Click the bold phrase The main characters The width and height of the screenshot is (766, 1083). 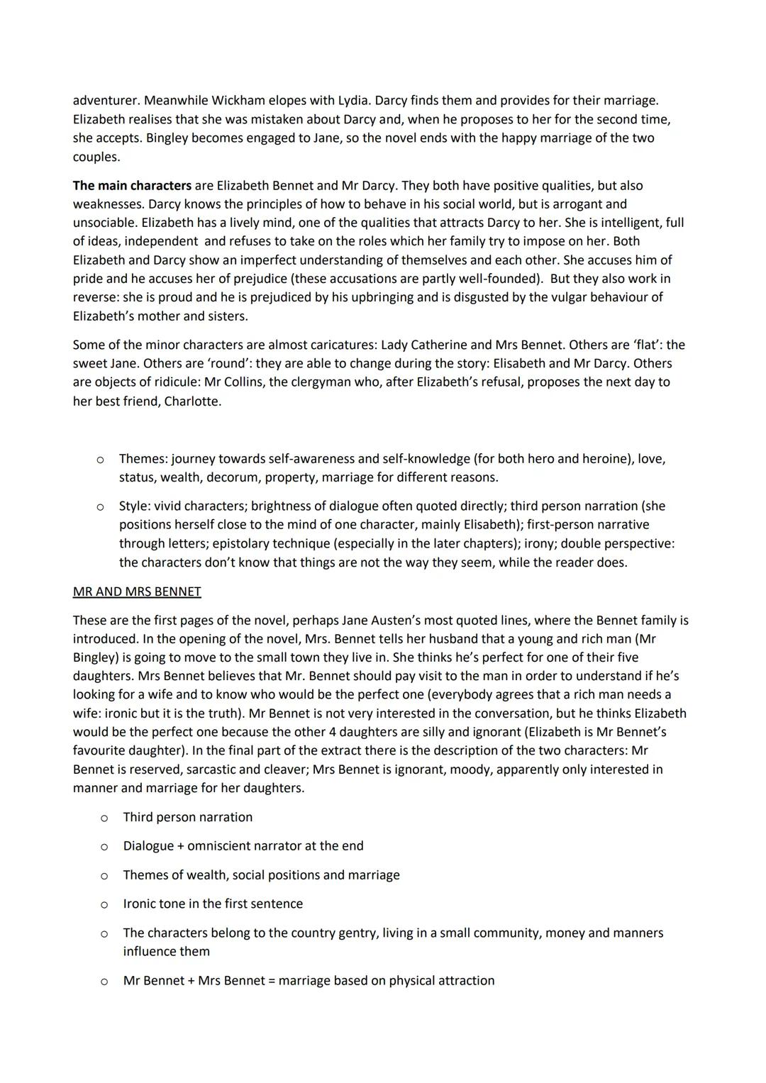[132, 186]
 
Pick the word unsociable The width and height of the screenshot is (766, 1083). [105, 223]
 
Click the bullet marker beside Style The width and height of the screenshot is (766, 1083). [100, 506]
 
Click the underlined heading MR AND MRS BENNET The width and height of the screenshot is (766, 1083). [137, 592]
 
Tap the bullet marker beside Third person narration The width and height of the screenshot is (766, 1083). [104, 818]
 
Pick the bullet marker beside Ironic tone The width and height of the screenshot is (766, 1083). [104, 904]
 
